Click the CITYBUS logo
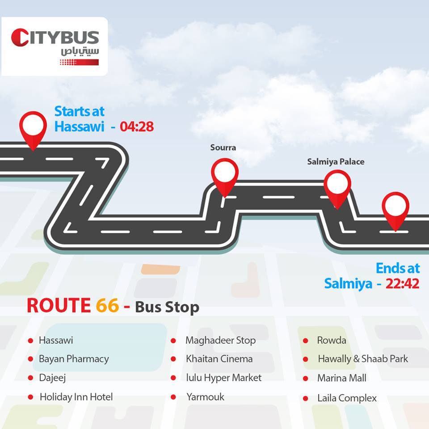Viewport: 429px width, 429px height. pos(55,47)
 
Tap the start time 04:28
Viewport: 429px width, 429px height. pos(137,126)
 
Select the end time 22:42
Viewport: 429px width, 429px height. pos(402,283)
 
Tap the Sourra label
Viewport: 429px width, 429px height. pos(223,148)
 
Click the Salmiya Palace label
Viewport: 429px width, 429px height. pos(336,162)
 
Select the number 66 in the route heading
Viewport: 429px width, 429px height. pos(107,305)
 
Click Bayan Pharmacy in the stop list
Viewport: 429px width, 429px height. pos(74,359)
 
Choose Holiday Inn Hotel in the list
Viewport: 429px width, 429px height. pos(76,397)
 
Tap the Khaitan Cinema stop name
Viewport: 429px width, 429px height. pos(219,359)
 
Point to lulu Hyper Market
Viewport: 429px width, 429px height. pos(223,378)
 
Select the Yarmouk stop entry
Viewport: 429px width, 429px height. pos(205,397)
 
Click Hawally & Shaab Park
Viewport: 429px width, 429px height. pos(363,359)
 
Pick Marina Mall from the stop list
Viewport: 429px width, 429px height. pos(342,378)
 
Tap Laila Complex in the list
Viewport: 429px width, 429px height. pos(347,398)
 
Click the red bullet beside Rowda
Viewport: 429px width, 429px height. pos(306,341)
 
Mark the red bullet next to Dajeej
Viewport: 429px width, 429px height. pos(30,378)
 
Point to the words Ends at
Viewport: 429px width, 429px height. pos(398,268)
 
